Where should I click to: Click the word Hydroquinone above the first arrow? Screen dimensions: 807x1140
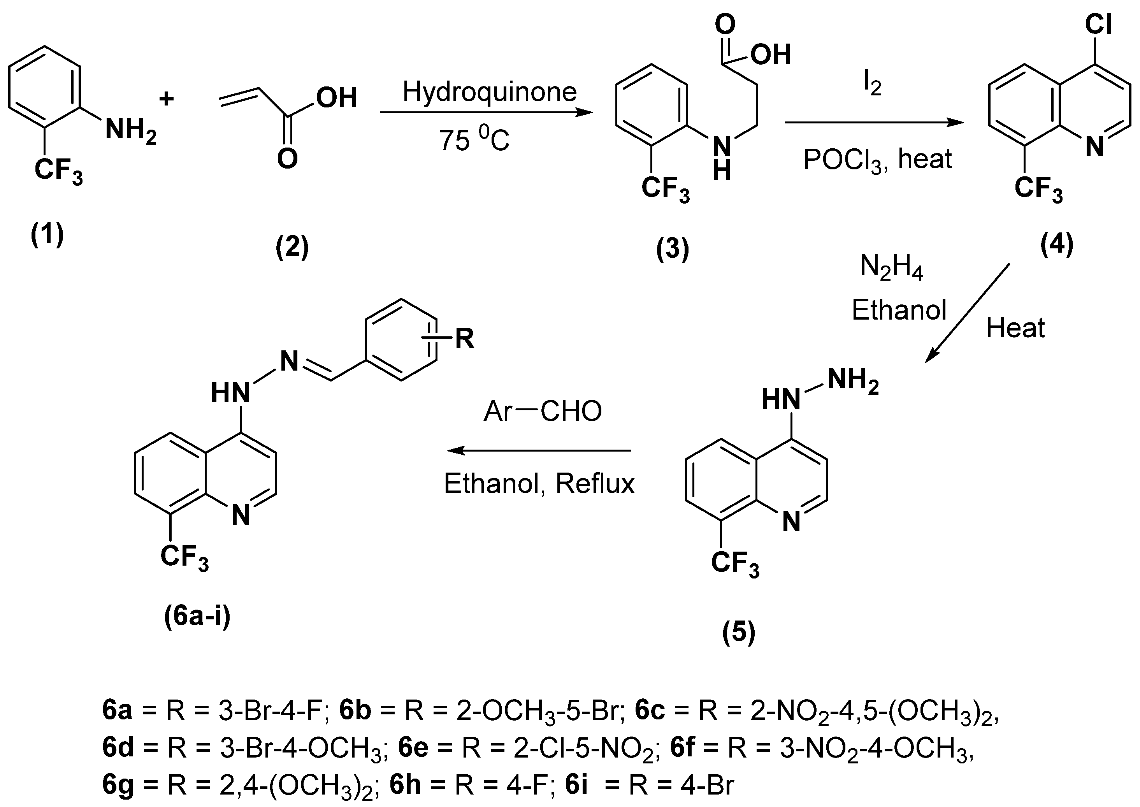coord(489,92)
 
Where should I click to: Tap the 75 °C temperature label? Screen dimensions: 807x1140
coord(474,140)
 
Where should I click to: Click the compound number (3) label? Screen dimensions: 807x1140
coord(673,248)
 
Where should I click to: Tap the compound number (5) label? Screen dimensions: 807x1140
coord(739,632)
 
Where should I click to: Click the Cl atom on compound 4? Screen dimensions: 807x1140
coord(1098,23)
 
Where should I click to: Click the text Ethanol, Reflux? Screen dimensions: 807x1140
coord(539,483)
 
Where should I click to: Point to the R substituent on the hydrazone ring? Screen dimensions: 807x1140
coord(464,339)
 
